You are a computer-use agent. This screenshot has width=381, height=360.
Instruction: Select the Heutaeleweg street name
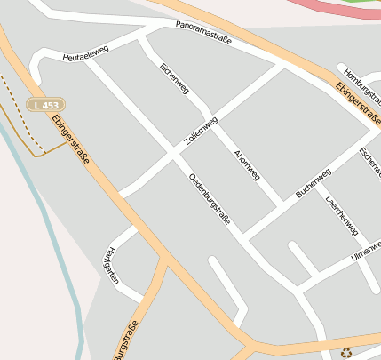pos(85,54)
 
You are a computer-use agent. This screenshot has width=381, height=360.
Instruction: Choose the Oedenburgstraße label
pos(210,198)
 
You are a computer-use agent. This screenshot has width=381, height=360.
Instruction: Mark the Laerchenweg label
pos(342,215)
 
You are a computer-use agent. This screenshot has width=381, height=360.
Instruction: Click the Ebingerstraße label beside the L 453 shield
pos(70,139)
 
